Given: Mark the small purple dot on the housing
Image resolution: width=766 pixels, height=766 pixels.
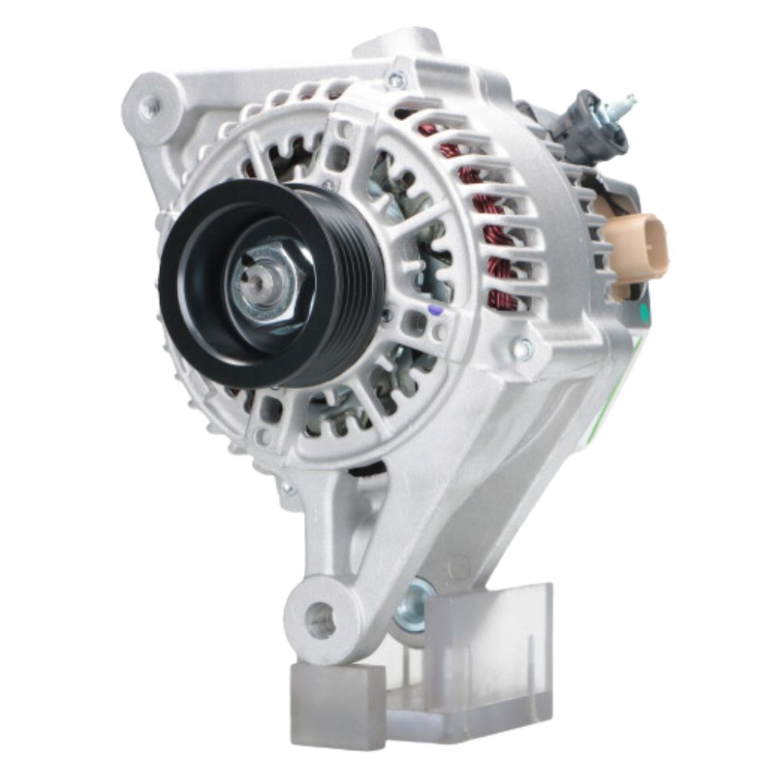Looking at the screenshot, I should [x=434, y=311].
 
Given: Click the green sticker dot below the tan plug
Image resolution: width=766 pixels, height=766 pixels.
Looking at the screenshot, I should [x=643, y=313].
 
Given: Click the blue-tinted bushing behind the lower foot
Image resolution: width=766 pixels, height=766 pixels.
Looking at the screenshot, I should [x=414, y=605].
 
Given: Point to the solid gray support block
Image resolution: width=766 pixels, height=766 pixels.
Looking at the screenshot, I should [x=337, y=693].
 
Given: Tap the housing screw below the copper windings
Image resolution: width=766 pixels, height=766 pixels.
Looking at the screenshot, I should [x=524, y=349].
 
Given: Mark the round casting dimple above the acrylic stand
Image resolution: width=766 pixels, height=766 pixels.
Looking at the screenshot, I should [x=460, y=568].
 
